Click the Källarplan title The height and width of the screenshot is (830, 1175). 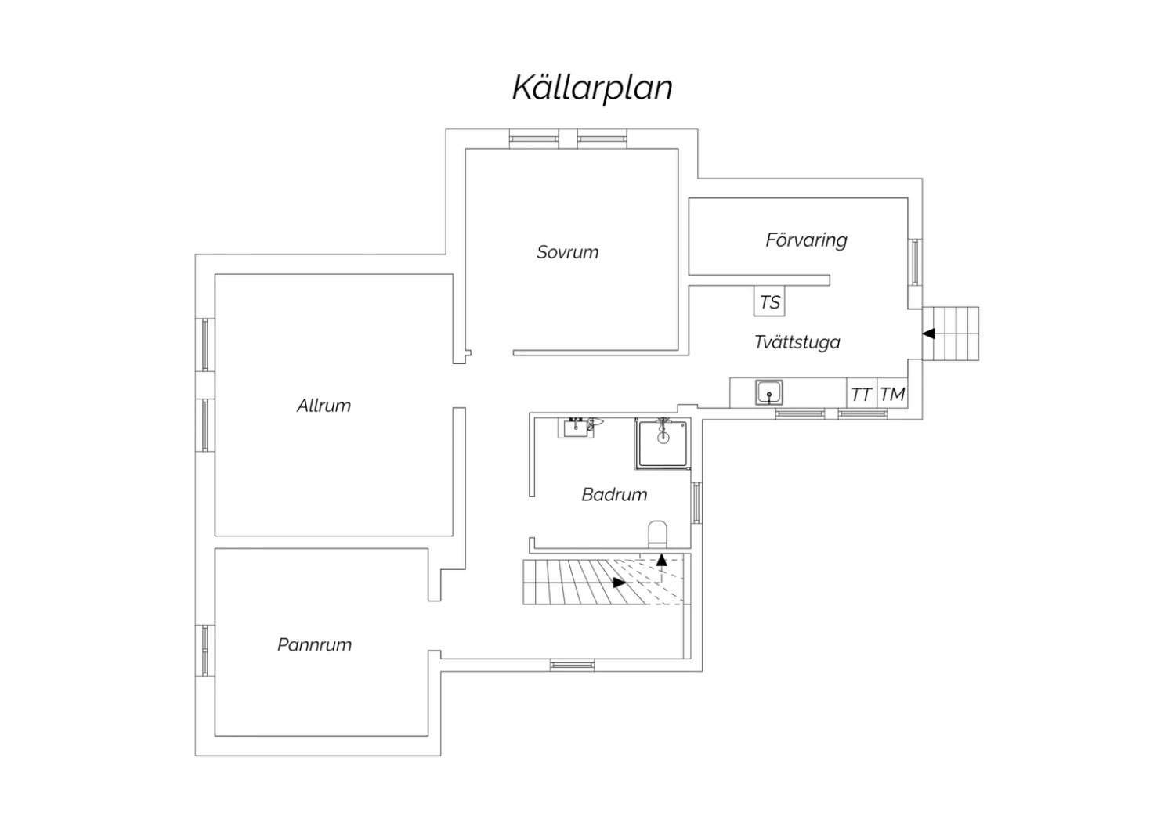pos(592,88)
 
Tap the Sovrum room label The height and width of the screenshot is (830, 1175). pos(568,252)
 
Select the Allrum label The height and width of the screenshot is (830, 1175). pos(324,406)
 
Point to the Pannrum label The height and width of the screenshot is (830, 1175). pos(314,644)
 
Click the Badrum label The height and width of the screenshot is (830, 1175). pos(614,494)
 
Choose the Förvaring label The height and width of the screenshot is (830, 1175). pos(806,240)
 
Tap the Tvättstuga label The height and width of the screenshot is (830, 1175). pos(797,342)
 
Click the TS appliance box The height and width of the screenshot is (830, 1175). pos(769,301)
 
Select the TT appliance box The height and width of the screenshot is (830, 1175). pos(862,393)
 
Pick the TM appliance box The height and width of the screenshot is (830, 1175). pos(892,393)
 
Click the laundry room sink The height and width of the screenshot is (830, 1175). pos(769,393)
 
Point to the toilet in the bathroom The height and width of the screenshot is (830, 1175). pos(657,534)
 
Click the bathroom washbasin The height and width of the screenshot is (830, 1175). pos(576,428)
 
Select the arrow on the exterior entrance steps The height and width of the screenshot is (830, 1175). pos(928,334)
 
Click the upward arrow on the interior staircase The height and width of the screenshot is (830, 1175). pos(661,560)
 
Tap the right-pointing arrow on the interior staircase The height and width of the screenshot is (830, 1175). pos(620,582)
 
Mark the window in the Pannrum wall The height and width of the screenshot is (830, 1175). pos(205,650)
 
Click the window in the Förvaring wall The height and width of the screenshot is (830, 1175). pos(916,262)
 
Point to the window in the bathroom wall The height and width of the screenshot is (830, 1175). pos(696,503)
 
